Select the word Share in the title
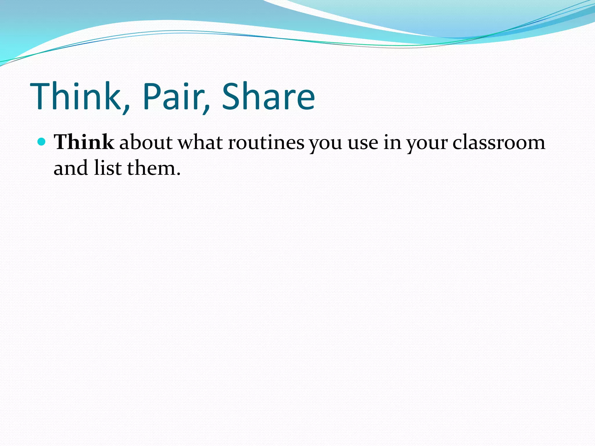pyautogui.click(x=268, y=96)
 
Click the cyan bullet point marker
pyautogui.click(x=42, y=142)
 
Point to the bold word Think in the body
pyautogui.click(x=84, y=142)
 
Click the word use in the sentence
pyautogui.click(x=363, y=144)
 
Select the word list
pyautogui.click(x=108, y=168)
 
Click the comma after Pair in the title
pyautogui.click(x=206, y=109)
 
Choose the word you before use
pyautogui.click(x=325, y=144)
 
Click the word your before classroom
pyautogui.click(x=427, y=144)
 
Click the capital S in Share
pyautogui.click(x=231, y=96)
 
